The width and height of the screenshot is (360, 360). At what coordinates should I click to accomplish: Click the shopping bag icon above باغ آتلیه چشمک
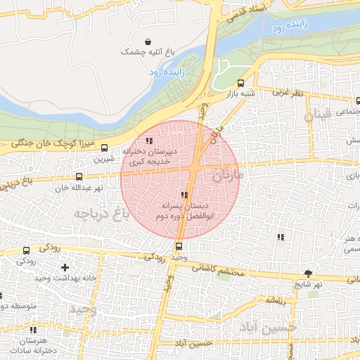pos(147,41)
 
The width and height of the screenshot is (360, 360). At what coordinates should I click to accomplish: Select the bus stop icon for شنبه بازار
pos(241,82)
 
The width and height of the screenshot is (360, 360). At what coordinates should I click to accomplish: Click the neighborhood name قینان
pos(316,115)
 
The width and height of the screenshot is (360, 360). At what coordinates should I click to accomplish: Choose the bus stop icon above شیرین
pos(105,148)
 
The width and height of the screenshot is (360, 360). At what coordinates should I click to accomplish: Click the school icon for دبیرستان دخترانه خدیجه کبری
pos(148,141)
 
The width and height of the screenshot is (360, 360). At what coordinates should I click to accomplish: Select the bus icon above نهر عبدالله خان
pos(79,177)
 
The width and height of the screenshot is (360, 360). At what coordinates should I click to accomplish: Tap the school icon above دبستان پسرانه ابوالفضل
pos(184,195)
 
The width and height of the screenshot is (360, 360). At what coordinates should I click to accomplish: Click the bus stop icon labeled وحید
pos(179,246)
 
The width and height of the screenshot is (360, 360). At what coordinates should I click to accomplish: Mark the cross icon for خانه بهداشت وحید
pos(65,267)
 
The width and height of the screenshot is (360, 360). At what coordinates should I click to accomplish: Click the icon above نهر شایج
pos(308,273)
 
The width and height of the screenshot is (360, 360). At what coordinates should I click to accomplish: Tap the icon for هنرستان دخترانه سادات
pos(33,330)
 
